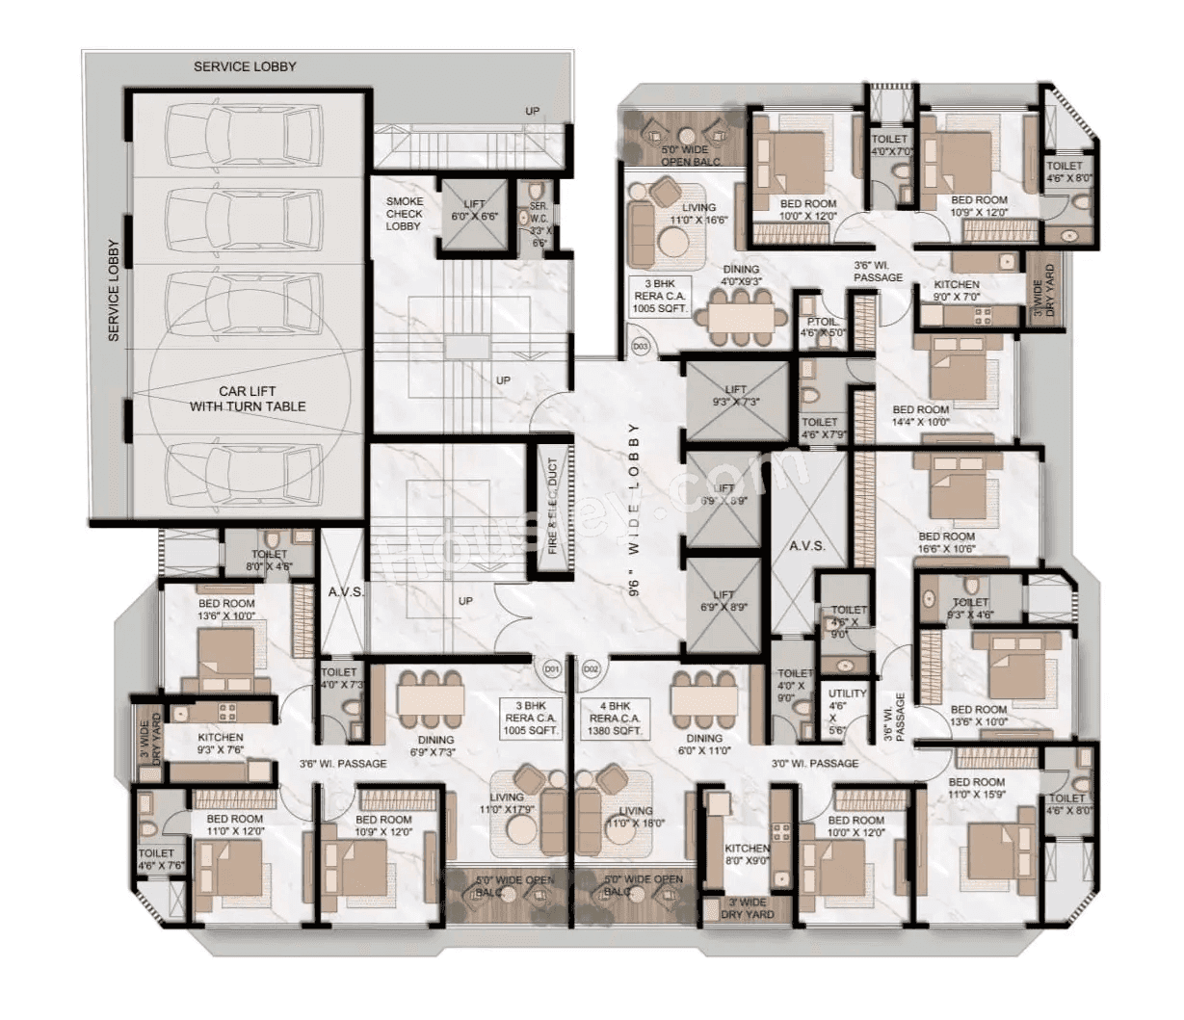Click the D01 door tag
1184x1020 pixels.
(x=550, y=667)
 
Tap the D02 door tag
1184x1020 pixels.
(x=591, y=667)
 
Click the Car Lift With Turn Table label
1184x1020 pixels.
(x=248, y=399)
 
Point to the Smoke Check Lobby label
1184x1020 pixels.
(x=404, y=214)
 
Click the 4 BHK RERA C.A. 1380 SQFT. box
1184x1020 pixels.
(x=616, y=718)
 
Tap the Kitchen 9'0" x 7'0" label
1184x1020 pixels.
(x=957, y=291)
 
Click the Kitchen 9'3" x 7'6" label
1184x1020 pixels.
(x=221, y=744)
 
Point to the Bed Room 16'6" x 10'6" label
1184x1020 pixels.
(x=946, y=542)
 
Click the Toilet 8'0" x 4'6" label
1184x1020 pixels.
(x=269, y=561)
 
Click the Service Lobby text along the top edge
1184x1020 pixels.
(x=245, y=66)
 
